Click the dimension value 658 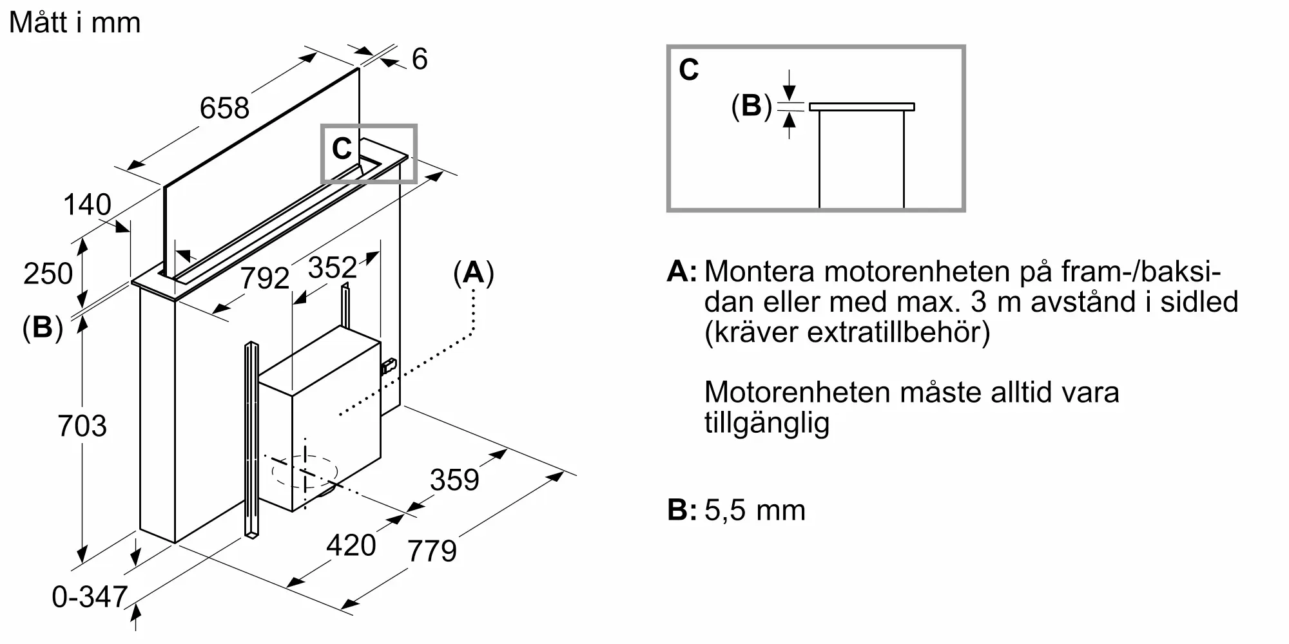point(224,108)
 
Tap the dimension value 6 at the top point(420,59)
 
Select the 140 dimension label point(87,205)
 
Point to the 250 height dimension point(48,274)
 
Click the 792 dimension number point(265,278)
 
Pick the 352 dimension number point(333,267)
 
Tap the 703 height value point(82,426)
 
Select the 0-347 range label point(90,597)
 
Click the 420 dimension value point(351,545)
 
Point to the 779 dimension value point(432,551)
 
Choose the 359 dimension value point(455,480)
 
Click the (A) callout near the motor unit point(474,274)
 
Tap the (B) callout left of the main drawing point(43,328)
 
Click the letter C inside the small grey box point(342,149)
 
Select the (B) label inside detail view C point(751,106)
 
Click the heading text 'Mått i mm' point(75,23)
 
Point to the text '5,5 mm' point(755,511)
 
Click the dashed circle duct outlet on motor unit point(305,472)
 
